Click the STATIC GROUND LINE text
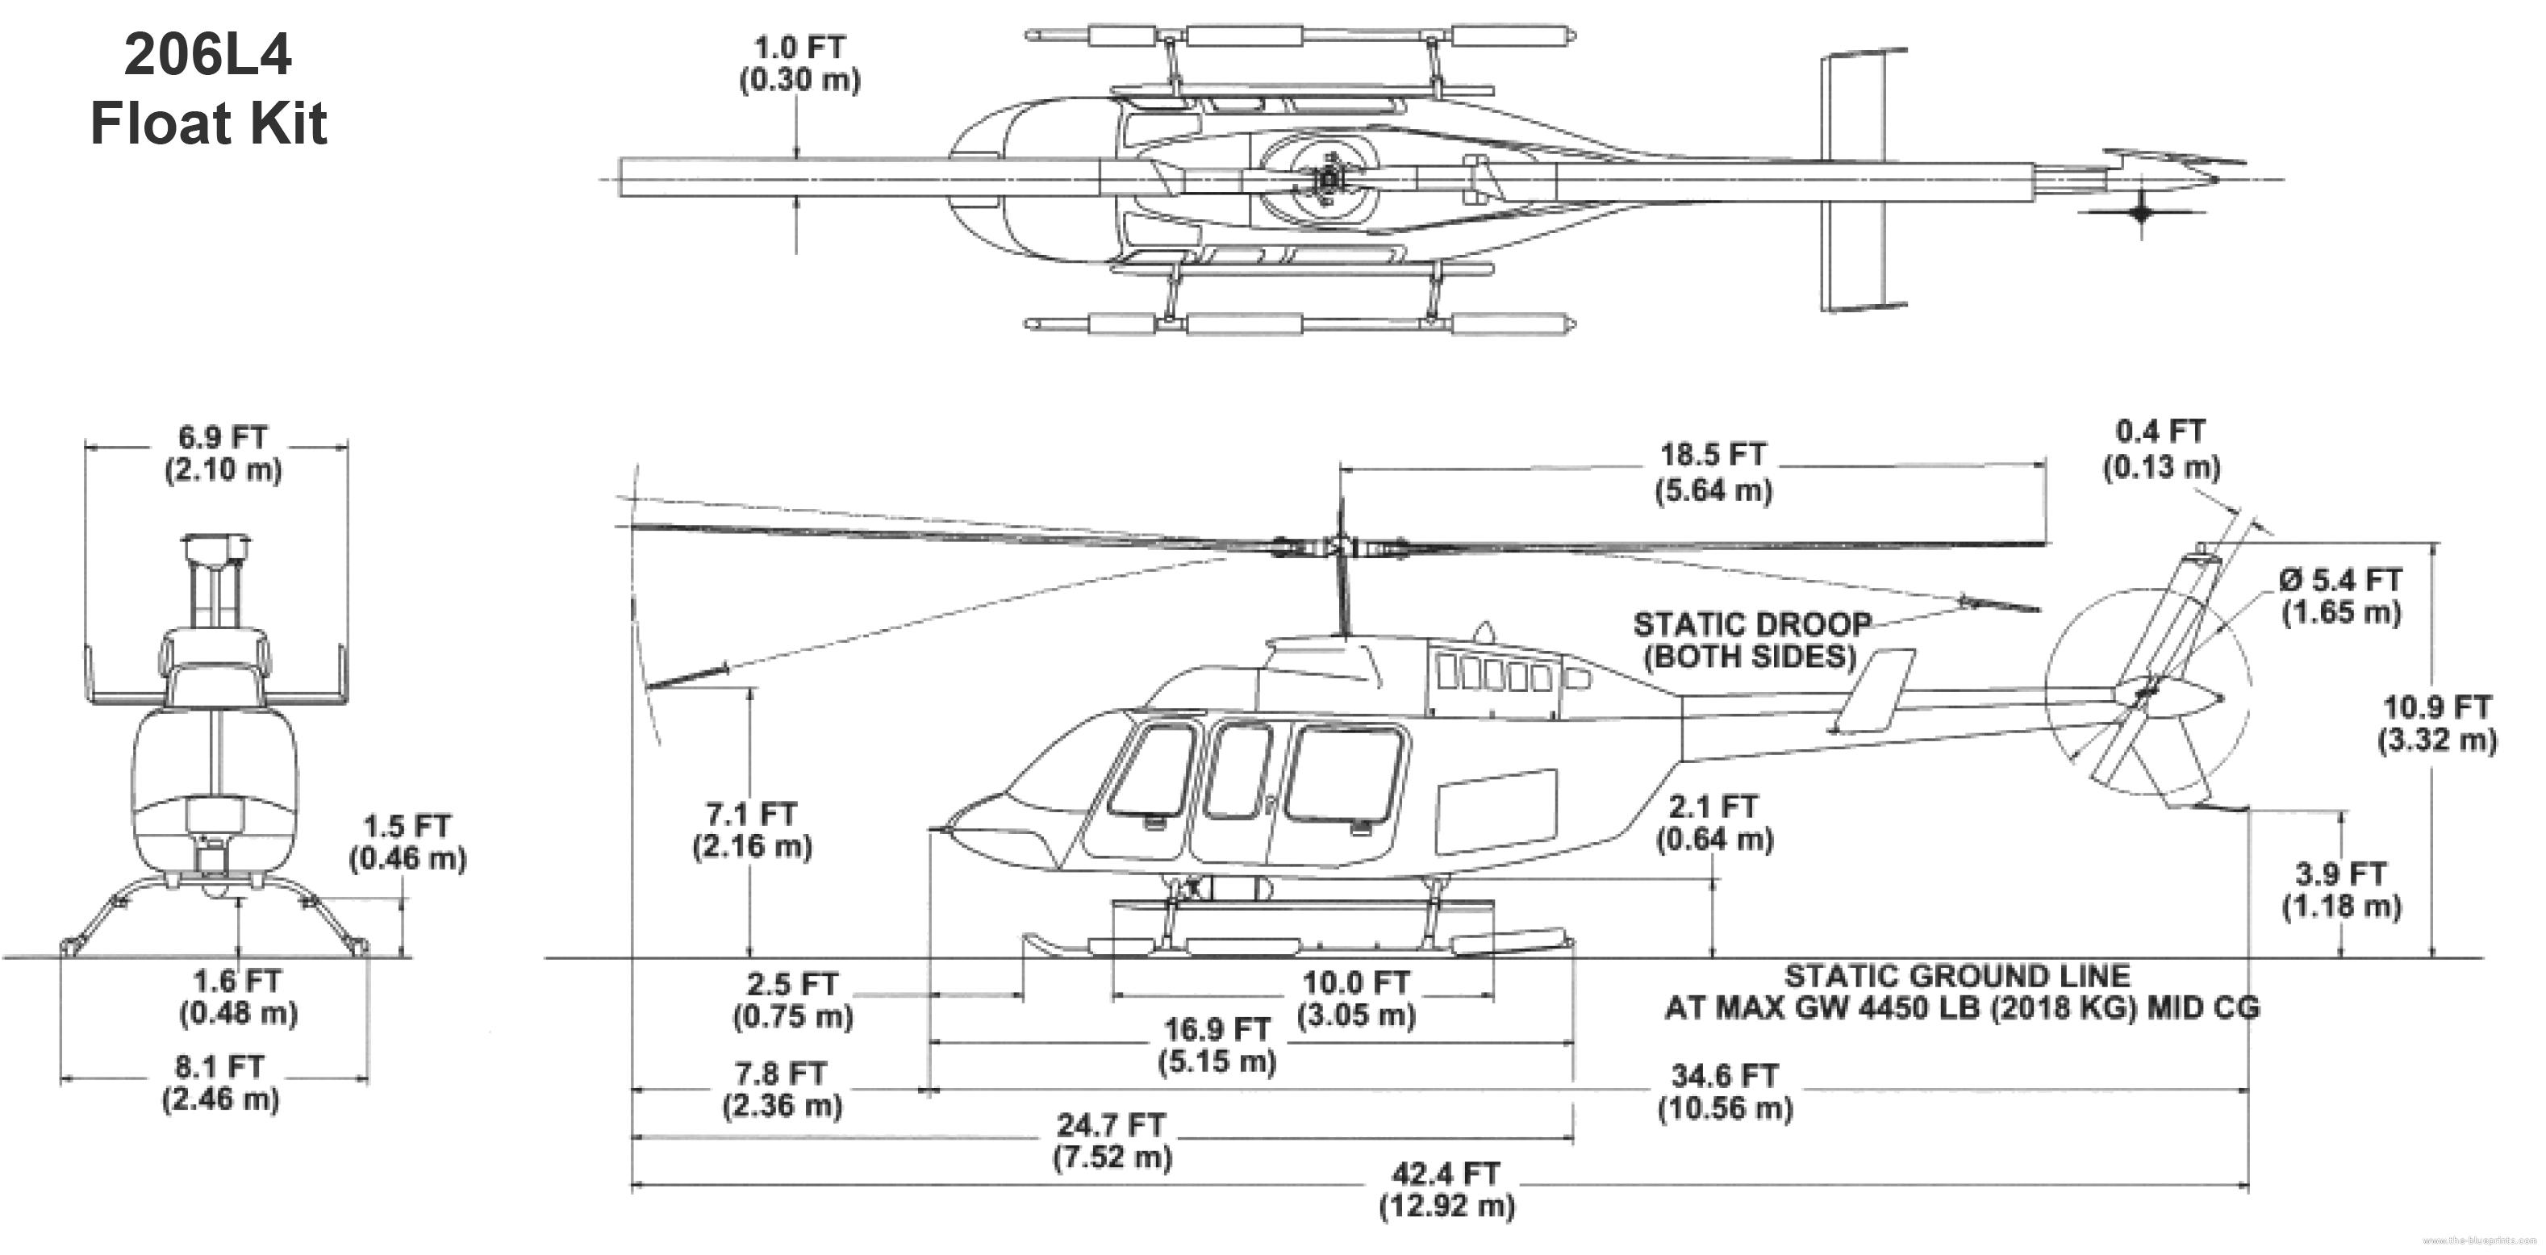pyautogui.click(x=1957, y=976)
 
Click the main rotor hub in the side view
pyautogui.click(x=1340, y=547)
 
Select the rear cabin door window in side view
pyautogui.click(x=1344, y=773)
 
